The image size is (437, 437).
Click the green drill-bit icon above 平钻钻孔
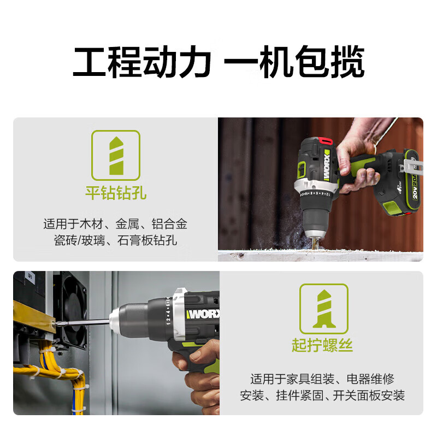coord(115,155)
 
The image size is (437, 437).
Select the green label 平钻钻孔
coord(115,193)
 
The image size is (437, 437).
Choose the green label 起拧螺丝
coord(322,346)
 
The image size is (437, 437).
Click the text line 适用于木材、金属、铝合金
coord(115,223)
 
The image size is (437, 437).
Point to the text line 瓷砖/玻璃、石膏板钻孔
coord(115,240)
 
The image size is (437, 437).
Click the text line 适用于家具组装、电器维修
coord(322,379)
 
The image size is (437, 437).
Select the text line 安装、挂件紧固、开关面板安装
coord(322,395)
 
